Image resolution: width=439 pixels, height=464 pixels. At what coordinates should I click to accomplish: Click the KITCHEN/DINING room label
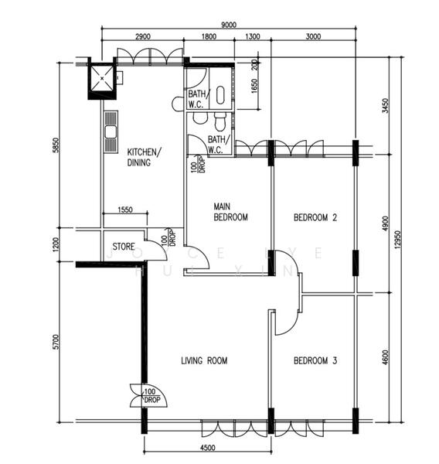pos(144,157)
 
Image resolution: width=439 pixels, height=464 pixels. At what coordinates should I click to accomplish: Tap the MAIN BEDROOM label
pos(230,212)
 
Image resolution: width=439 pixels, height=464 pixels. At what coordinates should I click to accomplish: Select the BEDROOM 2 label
pos(315,218)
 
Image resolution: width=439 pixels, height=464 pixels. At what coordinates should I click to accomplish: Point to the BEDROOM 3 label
pos(315,360)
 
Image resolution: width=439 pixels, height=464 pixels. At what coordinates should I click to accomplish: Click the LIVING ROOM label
pos(204,361)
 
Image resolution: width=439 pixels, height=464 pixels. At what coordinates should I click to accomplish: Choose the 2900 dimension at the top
pos(142,37)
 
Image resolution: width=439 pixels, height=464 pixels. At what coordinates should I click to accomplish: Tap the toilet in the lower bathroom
pos(221,121)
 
